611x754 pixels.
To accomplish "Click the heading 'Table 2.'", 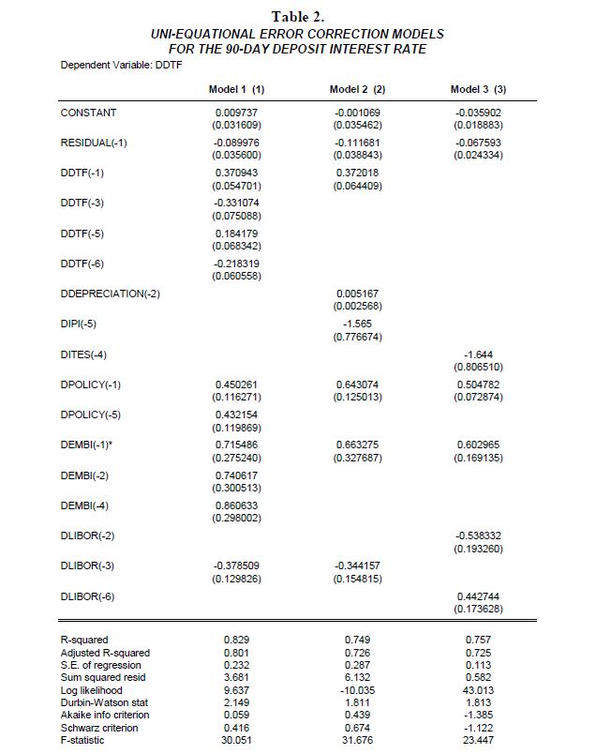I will coord(297,17).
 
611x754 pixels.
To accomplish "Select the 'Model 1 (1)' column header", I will coord(236,89).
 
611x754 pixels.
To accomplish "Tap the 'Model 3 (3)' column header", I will coord(478,89).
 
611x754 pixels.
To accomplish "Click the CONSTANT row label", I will coord(88,113).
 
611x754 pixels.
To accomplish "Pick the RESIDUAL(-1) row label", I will coord(94,143).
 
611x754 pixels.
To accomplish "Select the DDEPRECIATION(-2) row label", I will coord(111,294).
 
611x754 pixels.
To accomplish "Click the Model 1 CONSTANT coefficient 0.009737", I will coord(236,113).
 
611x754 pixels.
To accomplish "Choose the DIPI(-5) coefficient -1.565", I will coord(357,324).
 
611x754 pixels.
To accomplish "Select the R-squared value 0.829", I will coord(236,640).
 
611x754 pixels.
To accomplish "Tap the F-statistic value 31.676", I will coord(357,741).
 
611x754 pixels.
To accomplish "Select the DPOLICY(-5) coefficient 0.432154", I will coord(236,415).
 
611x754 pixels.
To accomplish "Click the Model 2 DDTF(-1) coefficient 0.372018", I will coord(357,173).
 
